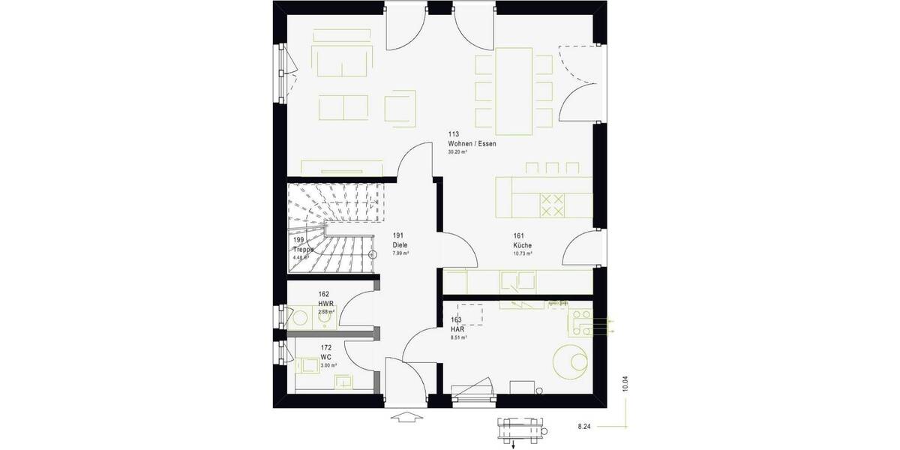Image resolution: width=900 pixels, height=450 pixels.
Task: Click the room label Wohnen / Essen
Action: [472, 143]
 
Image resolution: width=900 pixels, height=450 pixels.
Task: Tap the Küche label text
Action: [523, 245]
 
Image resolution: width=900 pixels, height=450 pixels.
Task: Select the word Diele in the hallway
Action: [400, 245]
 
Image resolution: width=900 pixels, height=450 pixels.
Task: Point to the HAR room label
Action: [456, 329]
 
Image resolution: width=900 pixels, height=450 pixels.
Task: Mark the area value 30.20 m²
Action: [457, 152]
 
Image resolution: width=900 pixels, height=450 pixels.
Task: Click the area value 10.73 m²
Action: [523, 253]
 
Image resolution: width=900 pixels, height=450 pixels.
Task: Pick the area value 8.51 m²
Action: [457, 337]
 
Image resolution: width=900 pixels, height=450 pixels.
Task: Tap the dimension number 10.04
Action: [625, 383]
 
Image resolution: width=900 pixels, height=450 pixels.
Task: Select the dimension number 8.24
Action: [585, 426]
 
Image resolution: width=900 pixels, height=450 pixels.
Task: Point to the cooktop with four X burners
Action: [553, 205]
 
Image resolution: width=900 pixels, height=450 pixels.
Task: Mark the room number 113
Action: [453, 135]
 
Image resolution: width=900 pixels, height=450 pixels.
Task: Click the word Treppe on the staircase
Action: [303, 250]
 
